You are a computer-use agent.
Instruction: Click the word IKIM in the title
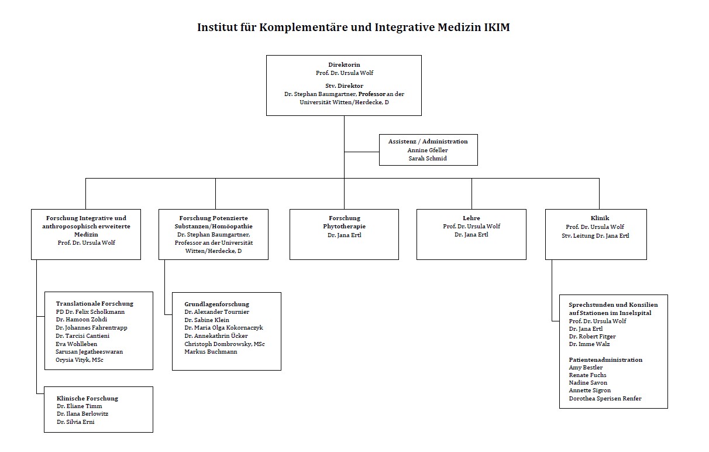[x=493, y=27]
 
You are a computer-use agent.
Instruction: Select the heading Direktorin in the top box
[x=344, y=65]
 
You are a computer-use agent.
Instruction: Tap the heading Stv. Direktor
[x=344, y=85]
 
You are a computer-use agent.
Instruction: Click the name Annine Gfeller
[x=428, y=150]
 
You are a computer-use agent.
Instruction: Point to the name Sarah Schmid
[x=428, y=158]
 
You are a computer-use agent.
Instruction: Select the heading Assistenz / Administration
[x=428, y=141]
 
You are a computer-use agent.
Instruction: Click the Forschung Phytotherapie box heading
[x=344, y=222]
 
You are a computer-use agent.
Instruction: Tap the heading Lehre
[x=471, y=218]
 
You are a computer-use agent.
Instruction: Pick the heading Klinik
[x=596, y=218]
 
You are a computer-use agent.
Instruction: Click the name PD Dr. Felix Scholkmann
[x=90, y=312]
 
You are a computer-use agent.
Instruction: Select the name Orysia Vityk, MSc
[x=80, y=359]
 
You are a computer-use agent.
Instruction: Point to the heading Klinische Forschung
[x=87, y=398]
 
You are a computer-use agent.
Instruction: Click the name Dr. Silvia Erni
[x=75, y=422]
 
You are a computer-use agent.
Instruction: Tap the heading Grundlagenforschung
[x=216, y=304]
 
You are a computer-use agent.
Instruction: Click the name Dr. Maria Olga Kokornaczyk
[x=223, y=328]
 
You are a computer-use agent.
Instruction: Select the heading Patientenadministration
[x=605, y=359]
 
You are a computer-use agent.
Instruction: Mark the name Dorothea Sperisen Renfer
[x=605, y=398]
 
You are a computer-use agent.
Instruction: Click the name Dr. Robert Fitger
[x=592, y=336]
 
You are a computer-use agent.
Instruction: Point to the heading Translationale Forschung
[x=94, y=303]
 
